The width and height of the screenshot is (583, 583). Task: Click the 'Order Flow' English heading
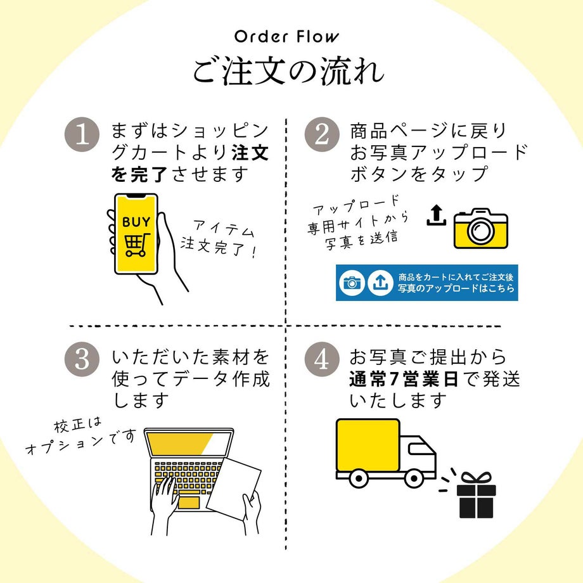(286, 36)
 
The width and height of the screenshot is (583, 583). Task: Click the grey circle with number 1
(82, 135)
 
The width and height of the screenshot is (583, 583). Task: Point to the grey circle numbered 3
(82, 359)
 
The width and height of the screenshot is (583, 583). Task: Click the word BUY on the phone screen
(136, 222)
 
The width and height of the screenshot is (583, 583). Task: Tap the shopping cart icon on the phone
(136, 245)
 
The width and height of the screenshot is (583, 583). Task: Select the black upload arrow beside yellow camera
(436, 216)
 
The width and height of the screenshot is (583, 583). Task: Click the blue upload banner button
(426, 283)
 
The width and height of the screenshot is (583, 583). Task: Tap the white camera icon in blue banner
(352, 283)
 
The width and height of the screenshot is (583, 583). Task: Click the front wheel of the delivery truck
(413, 478)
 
